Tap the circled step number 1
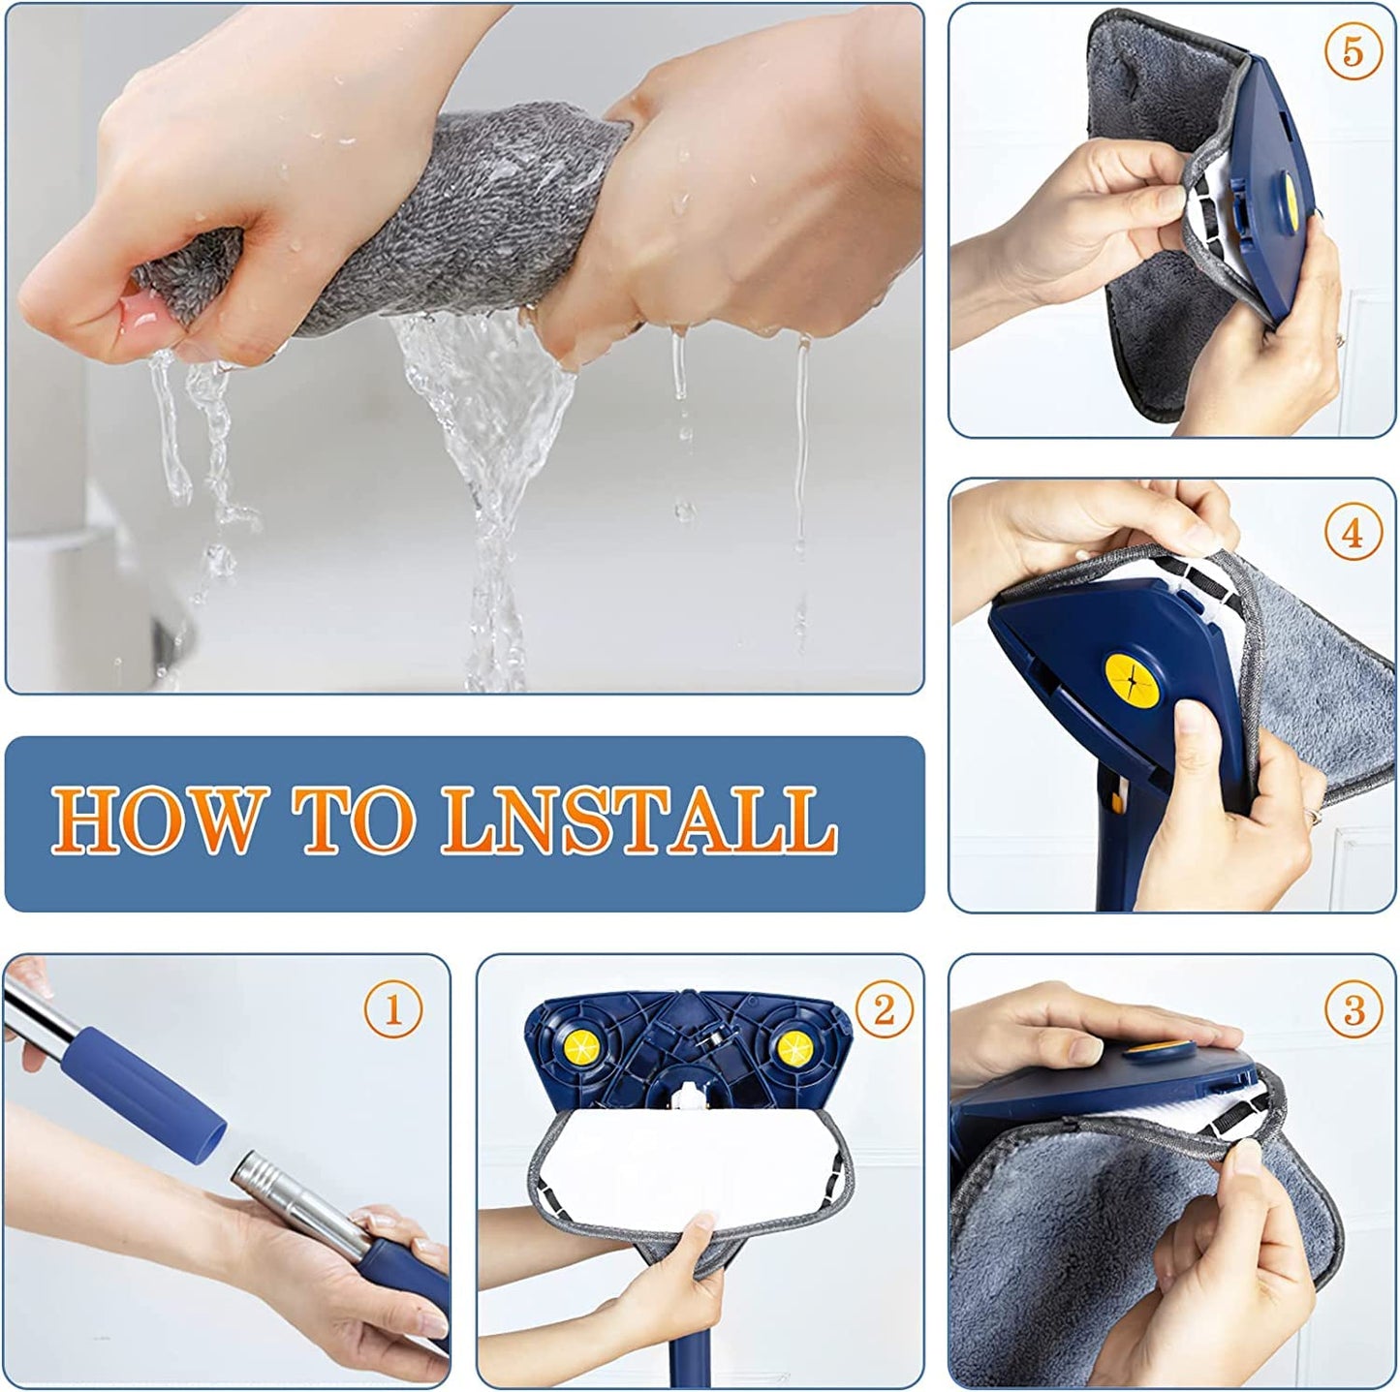click(x=392, y=1010)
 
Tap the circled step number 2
click(x=883, y=1010)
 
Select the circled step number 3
click(x=1353, y=1010)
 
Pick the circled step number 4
click(x=1353, y=533)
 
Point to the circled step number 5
click(x=1353, y=51)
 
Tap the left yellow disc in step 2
click(x=581, y=1044)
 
